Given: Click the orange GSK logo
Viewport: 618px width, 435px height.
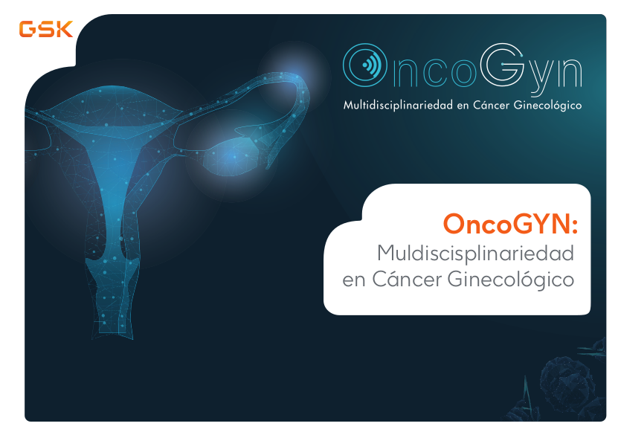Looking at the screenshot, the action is pos(46,29).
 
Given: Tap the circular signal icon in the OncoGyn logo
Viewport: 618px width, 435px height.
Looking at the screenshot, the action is pos(364,65).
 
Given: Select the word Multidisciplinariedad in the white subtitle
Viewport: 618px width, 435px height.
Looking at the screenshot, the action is pos(398,105).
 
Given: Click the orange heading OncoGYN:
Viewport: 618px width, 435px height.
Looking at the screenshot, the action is pos(510,223).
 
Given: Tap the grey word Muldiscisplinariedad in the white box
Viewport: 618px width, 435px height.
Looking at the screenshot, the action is pos(475,253).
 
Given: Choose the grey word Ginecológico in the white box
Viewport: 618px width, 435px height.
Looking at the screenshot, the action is pos(511,280).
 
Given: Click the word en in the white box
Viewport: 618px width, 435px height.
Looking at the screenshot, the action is pos(355,281).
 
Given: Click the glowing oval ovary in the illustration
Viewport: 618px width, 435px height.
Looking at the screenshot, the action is pos(231,156).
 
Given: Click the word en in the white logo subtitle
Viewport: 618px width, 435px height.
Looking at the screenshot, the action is pos(463,106).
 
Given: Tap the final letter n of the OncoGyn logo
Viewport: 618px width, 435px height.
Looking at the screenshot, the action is pos(570,72).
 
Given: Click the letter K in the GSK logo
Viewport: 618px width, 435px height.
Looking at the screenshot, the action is pos(64,29).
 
